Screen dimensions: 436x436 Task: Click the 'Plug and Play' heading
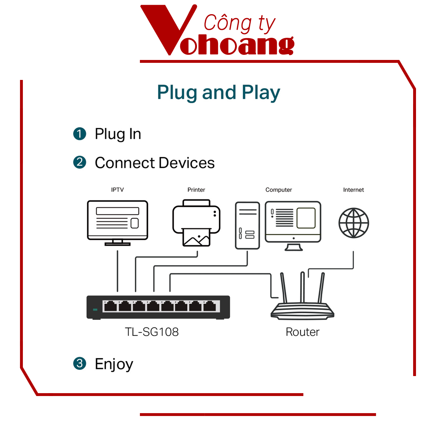(x=218, y=93)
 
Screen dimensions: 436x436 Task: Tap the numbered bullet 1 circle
(x=80, y=134)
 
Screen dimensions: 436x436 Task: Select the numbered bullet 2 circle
(x=80, y=162)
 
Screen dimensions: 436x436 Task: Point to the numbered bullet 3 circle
(x=80, y=363)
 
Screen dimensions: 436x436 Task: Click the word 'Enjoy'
(x=114, y=364)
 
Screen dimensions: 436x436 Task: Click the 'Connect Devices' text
(x=154, y=163)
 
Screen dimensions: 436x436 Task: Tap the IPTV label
(x=117, y=190)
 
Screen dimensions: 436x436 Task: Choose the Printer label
(x=196, y=190)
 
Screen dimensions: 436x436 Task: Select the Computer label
(x=279, y=190)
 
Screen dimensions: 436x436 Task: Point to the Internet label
(x=353, y=190)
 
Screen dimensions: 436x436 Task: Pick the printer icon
(x=196, y=222)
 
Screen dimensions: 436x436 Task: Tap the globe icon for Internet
(x=354, y=223)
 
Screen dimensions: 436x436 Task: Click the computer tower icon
(x=247, y=225)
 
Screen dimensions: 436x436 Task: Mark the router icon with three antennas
(x=302, y=302)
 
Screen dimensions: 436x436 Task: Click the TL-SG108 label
(x=152, y=332)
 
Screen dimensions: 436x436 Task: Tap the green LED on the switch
(x=95, y=310)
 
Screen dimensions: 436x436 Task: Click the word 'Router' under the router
(x=302, y=332)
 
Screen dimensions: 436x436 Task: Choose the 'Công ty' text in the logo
(x=239, y=24)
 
